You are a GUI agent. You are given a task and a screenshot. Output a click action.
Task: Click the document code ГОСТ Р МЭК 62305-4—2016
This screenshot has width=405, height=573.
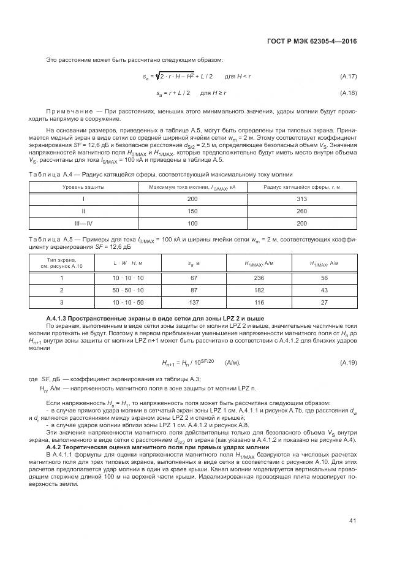312,41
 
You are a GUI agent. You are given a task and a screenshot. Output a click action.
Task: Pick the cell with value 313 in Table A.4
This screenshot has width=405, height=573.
301,199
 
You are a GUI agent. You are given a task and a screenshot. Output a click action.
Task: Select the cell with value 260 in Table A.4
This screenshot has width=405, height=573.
301,211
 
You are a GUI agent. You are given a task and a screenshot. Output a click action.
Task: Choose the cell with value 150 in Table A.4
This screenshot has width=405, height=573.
192,211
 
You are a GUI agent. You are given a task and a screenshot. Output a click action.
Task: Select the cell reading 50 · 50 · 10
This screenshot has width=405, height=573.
128,290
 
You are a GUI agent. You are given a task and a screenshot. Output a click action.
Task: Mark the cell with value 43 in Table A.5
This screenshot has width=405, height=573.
325,290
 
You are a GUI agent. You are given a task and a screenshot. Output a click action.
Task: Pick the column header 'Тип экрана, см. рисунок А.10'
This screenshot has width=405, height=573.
61,264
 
